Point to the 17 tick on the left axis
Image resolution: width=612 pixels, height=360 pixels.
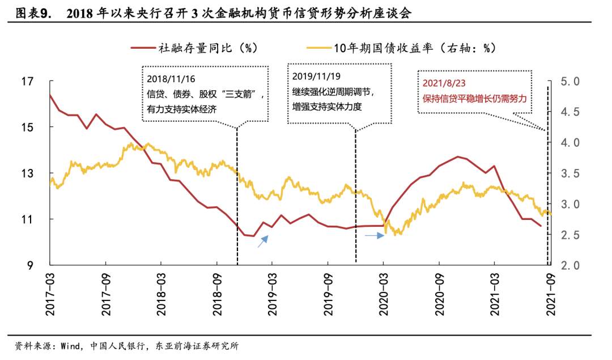point(27,82)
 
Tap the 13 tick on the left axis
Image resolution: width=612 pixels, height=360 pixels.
point(27,173)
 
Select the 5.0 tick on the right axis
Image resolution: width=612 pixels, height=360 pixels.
point(569,82)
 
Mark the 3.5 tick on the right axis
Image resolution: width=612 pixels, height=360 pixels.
point(569,173)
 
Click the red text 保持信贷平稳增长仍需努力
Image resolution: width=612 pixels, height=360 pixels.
point(475,98)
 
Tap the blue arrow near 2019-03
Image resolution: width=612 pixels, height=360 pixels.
point(263,242)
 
